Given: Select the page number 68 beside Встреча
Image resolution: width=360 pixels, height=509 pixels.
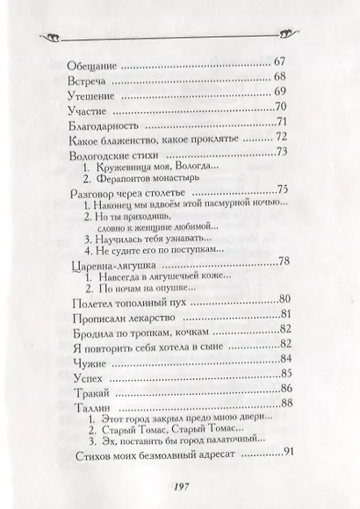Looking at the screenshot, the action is pos(281,78).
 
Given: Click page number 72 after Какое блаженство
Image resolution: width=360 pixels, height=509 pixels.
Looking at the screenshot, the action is pos(281,138).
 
